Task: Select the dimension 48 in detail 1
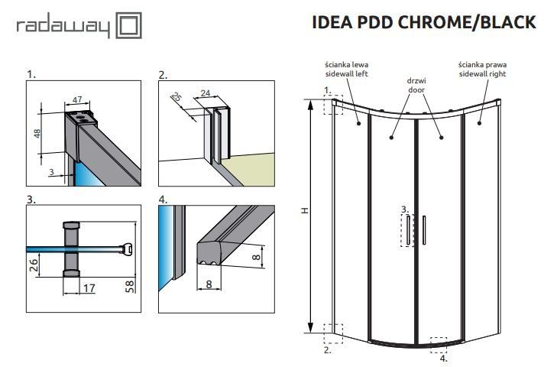pos(37,133)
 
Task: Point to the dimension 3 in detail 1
pos(50,173)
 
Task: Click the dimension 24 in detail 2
pos(205,94)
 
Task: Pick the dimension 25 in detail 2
pos(176,97)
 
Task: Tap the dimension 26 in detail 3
pos(34,266)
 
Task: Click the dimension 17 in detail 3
pos(89,288)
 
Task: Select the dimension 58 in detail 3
pos(131,287)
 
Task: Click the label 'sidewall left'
pos(345,74)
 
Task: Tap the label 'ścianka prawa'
pos(482,64)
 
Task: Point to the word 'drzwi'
pos(416,80)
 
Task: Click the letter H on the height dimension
pos(303,212)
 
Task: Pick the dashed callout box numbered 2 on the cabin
pos(333,334)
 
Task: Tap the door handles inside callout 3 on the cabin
pos(410,229)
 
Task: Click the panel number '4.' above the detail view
pos(163,200)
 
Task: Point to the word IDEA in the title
pos(334,22)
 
